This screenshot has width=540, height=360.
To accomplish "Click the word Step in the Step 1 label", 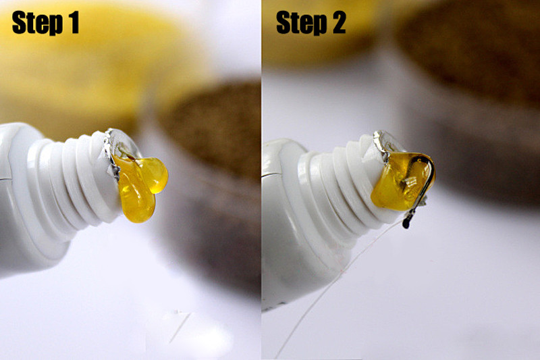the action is pos(37,23).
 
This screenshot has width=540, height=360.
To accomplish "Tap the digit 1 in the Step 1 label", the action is pos(74,22).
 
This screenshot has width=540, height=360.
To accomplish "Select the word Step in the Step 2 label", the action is pos(301,23).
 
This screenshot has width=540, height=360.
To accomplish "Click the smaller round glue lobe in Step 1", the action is pos(155,175).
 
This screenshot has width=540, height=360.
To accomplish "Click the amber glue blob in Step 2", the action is pos(400,181).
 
